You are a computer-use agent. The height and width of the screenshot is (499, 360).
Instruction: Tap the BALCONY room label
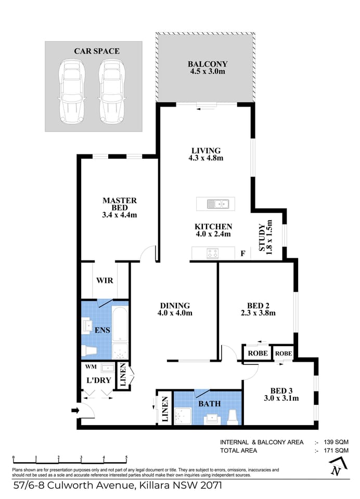click(x=208, y=64)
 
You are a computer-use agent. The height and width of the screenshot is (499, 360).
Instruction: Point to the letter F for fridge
click(x=242, y=254)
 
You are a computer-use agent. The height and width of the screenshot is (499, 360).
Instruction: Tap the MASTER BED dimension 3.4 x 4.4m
click(x=119, y=215)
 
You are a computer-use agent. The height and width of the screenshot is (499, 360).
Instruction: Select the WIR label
click(x=105, y=280)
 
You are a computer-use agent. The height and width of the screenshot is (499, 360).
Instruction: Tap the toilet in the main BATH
click(x=233, y=415)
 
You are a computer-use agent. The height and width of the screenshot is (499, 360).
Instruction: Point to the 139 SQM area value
click(x=337, y=442)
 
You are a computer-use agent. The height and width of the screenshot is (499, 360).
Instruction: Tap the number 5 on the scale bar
click(x=126, y=458)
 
